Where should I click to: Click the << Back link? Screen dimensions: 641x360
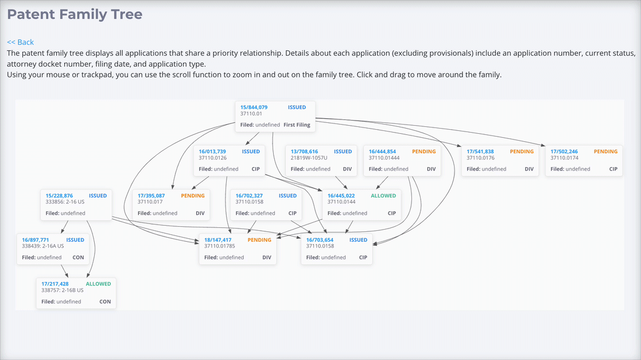point(21,42)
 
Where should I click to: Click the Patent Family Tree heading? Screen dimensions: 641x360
point(75,14)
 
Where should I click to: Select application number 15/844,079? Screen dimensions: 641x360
point(254,107)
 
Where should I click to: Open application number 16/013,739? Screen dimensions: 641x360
point(212,152)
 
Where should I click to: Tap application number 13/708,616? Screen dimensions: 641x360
point(304,152)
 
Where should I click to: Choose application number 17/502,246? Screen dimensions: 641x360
point(564,152)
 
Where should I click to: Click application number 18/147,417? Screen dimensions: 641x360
point(218,240)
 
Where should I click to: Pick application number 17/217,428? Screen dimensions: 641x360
point(55,284)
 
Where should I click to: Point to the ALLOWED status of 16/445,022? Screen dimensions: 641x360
point(383,196)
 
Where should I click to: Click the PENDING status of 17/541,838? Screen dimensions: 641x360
point(522,152)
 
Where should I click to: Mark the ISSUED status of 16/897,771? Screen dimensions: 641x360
point(75,240)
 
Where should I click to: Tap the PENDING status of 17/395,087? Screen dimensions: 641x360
point(193,196)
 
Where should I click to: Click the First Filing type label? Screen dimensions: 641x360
point(297,125)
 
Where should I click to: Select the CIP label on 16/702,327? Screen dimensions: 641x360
point(292,213)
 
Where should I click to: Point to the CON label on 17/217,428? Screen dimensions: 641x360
point(105,301)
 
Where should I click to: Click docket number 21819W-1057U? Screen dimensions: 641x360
point(309,158)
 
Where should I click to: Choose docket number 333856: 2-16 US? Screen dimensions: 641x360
point(65,202)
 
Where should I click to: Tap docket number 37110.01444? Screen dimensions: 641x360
point(384,158)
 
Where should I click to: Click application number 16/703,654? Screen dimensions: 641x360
point(320,240)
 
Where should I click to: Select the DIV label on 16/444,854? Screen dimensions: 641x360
point(432,169)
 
